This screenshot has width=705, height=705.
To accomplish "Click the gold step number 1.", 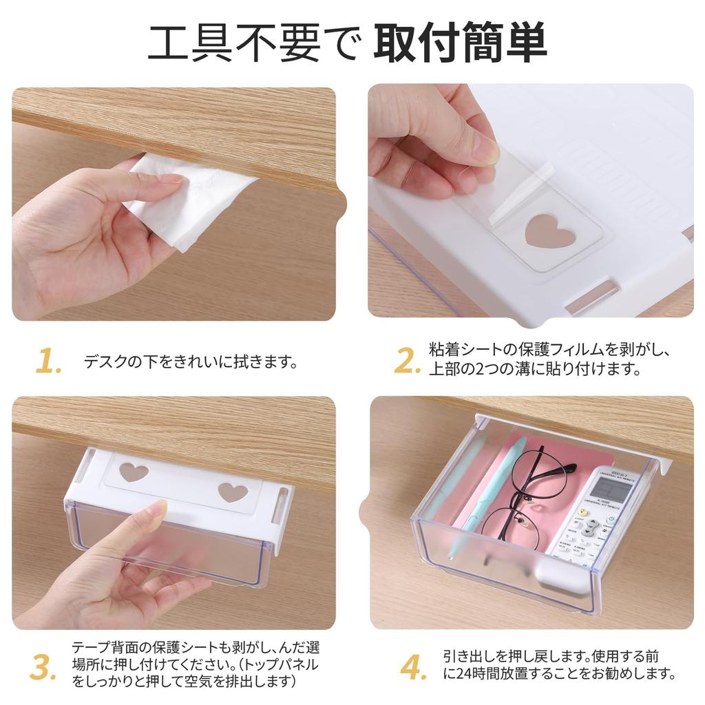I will (48, 361).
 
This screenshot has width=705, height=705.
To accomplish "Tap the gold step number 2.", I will (407, 361).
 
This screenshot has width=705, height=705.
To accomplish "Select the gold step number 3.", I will (43, 666).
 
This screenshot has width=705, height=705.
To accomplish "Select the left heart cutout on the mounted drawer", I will (134, 472).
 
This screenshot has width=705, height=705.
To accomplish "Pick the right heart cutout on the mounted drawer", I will (233, 492).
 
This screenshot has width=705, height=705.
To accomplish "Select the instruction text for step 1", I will (190, 361).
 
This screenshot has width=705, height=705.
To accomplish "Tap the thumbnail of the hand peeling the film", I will (530, 200).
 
